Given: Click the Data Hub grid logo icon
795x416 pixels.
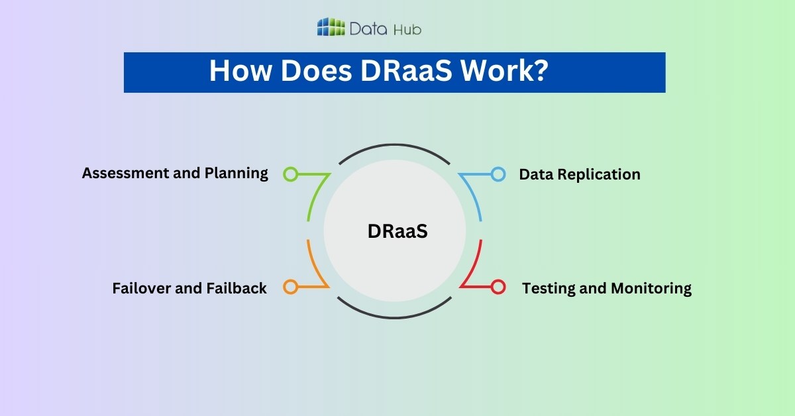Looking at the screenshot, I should tap(331, 27).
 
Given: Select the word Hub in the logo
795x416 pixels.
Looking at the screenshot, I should tap(407, 28).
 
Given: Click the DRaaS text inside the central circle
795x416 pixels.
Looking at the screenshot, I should tap(394, 231).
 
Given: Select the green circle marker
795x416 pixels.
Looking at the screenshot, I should tap(290, 174).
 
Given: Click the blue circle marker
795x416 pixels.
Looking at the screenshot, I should tap(498, 174).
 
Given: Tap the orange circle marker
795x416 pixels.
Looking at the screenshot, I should tap(290, 287).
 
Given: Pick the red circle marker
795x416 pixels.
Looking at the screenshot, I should tap(498, 287).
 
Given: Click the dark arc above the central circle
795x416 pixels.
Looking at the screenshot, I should tap(394, 146).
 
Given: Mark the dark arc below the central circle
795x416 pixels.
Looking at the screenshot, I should tap(394, 317).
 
